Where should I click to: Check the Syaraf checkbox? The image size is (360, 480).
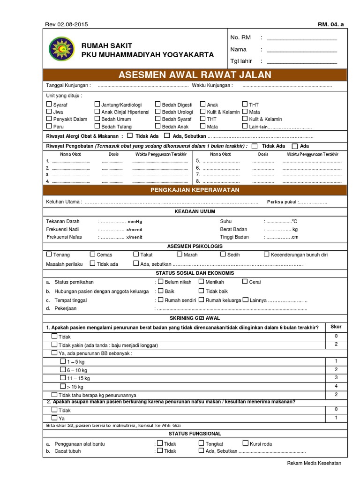pyautogui.click(x=49, y=105)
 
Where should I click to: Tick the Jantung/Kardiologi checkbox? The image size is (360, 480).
pyautogui.click(x=97, y=105)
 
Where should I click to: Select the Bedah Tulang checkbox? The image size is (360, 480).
pyautogui.click(x=97, y=126)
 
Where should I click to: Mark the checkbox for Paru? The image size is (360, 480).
pyautogui.click(x=49, y=126)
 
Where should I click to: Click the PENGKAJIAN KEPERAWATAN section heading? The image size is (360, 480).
pyautogui.click(x=195, y=190)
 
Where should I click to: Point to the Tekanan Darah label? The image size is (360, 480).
pyautogui.click(x=63, y=221)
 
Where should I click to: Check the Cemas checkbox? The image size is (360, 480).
pyautogui.click(x=93, y=255)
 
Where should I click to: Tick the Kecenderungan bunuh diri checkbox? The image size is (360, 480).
pyautogui.click(x=267, y=255)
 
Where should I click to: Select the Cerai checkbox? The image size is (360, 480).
pyautogui.click(x=245, y=282)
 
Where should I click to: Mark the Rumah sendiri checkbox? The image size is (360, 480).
pyautogui.click(x=161, y=300)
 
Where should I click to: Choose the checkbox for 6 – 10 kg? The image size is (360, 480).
pyautogui.click(x=63, y=369)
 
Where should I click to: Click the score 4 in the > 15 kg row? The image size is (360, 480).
pyautogui.click(x=336, y=386)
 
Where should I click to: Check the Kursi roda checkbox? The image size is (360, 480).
pyautogui.click(x=246, y=443)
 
